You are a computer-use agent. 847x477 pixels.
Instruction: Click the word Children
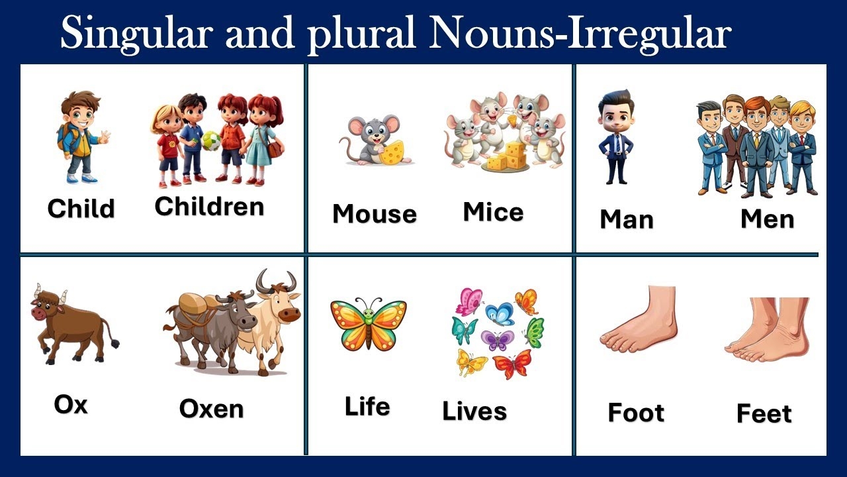coord(209,207)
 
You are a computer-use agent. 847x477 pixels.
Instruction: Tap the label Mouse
coord(374,214)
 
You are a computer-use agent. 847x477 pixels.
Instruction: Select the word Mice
coord(493,212)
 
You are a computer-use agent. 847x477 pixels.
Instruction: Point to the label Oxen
coord(211,409)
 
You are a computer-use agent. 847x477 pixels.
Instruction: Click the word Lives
coord(474,411)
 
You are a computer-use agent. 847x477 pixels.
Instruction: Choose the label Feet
coord(764,413)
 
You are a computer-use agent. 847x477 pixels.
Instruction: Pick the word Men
coord(767,219)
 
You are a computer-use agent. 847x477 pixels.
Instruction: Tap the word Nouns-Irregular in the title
coord(580,33)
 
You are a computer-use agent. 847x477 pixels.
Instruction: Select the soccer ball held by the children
coord(211,140)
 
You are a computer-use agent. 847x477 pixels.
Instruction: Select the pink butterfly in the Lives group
coord(469,301)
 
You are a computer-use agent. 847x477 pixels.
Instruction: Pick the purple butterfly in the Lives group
coord(497,341)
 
